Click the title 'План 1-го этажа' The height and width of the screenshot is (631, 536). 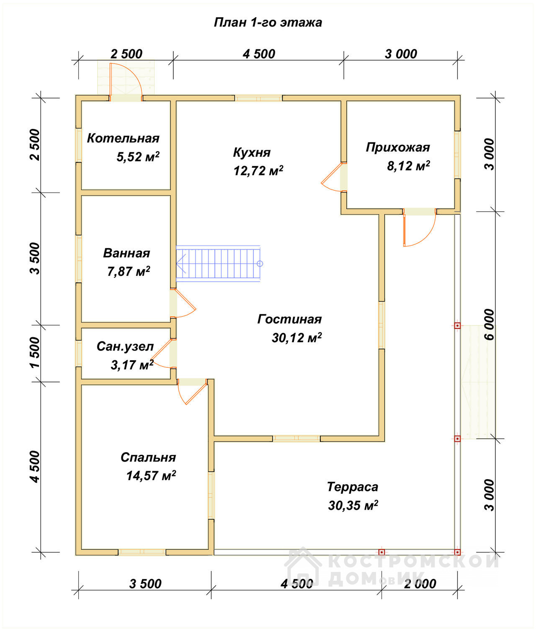click(x=268, y=23)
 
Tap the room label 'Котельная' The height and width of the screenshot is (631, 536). click(x=123, y=138)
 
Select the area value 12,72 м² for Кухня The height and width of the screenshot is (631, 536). click(x=258, y=171)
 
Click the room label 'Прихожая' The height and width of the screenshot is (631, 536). click(x=398, y=148)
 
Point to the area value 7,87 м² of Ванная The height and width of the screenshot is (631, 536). click(x=128, y=272)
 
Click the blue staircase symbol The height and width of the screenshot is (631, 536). click(x=218, y=264)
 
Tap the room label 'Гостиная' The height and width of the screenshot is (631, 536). click(x=289, y=319)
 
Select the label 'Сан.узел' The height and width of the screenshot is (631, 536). click(x=125, y=346)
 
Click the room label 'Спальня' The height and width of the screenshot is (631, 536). click(x=148, y=457)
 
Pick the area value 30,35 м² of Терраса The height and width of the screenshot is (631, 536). click(x=353, y=505)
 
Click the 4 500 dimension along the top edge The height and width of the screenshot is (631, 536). click(x=259, y=54)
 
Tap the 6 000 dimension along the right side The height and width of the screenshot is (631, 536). click(x=489, y=324)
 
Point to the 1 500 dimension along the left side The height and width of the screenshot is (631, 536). click(x=35, y=352)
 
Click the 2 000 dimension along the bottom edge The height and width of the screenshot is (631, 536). click(x=420, y=584)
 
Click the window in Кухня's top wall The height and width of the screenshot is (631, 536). click(x=258, y=98)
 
